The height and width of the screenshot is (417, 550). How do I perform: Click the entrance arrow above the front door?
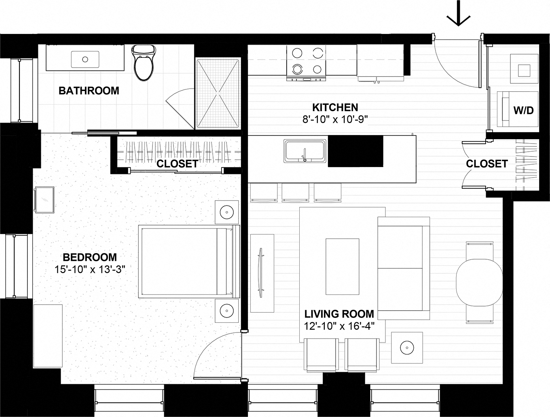[458, 15]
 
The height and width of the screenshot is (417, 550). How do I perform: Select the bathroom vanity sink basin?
[85, 59]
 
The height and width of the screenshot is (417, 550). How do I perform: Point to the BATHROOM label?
[89, 91]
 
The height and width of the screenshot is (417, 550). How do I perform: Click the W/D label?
[523, 110]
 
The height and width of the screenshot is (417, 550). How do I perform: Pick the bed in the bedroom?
[186, 261]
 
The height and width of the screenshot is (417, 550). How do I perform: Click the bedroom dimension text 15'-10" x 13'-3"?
[89, 269]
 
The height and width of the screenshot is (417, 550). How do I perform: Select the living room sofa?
[403, 268]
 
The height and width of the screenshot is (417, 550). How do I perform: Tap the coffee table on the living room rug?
[342, 267]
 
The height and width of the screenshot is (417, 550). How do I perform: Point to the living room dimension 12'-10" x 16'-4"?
[339, 326]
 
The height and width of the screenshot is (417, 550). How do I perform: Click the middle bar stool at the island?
[295, 193]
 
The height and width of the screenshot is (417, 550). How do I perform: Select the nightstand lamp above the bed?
[226, 212]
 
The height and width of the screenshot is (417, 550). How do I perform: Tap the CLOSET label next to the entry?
[487, 164]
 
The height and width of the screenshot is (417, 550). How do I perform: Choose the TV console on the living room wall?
[262, 273]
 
